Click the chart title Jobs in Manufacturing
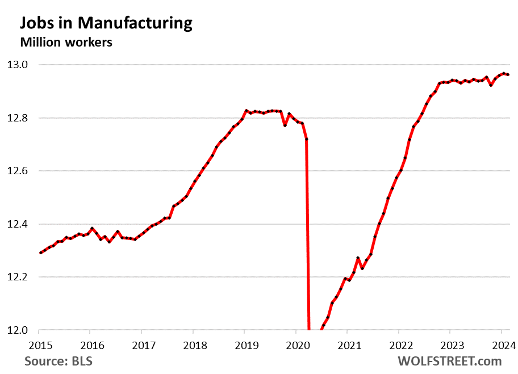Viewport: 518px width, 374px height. point(106,23)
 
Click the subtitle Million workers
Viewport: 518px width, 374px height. point(66,42)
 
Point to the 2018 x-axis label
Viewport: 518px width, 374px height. point(193,346)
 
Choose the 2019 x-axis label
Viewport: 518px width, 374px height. point(244,346)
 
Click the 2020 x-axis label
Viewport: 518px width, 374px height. point(295,346)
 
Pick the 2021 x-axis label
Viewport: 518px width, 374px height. point(347,346)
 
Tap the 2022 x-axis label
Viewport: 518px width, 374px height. point(398,346)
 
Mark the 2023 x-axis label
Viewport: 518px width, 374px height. point(450,346)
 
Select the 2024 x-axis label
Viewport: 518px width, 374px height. point(501,346)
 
